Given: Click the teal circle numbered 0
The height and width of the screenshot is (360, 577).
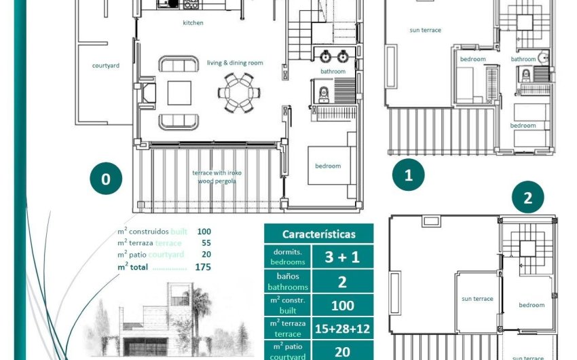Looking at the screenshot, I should point(106,179).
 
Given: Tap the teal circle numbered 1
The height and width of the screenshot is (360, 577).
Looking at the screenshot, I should point(408,175).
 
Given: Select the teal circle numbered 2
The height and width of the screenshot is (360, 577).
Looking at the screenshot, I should point(528,198).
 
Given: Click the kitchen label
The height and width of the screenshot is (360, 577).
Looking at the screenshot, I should point(193,23).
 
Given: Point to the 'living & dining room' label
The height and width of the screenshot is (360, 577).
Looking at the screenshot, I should point(235,63).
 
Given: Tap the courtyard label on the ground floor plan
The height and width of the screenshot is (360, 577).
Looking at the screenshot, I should point(106,66).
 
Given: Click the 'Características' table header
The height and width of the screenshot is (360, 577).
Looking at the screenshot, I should point(318,234).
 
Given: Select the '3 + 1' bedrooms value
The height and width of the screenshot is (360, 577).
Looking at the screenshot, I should point(342,257).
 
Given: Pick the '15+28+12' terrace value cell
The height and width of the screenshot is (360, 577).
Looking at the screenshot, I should point(342,329).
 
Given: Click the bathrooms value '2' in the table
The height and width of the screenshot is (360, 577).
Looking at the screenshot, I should point(342,281).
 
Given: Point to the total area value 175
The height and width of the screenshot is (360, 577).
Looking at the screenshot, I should point(202,267).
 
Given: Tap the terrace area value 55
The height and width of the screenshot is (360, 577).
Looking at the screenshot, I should point(206,243).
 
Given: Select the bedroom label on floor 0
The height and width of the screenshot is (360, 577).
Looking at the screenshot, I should point(328,166).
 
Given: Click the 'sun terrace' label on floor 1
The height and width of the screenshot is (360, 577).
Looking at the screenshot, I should point(426,30).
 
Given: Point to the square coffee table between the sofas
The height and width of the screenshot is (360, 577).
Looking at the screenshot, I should point(179,92).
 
